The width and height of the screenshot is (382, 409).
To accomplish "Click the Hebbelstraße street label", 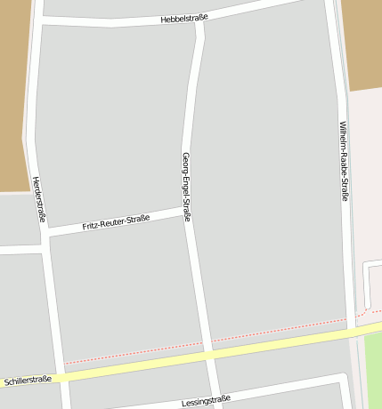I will point(185,17).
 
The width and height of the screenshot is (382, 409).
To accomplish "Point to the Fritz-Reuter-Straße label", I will point(116,222).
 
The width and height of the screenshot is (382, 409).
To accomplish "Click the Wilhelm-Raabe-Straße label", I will point(343,161).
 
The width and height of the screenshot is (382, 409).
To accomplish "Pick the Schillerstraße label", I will point(27,380).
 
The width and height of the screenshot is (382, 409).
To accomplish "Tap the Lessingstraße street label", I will point(206,399).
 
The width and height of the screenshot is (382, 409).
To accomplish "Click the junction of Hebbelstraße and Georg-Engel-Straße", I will point(200,20).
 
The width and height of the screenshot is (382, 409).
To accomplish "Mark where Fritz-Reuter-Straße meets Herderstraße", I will point(45,234).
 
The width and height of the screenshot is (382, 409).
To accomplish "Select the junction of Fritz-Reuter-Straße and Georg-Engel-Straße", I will point(187,213).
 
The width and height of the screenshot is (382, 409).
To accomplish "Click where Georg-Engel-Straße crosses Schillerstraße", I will point(210,354).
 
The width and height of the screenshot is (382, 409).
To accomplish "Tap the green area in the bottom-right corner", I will point(373,373).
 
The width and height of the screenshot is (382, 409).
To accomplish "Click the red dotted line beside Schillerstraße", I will point(267,333).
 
